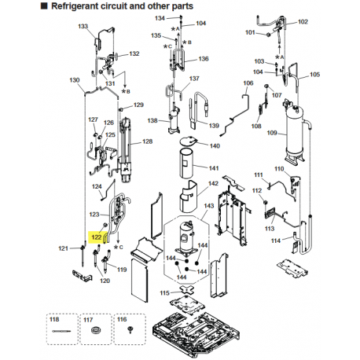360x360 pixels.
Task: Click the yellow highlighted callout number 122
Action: click(97, 236)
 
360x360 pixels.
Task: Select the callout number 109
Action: click(272, 133)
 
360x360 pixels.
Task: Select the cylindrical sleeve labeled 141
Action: click(187, 168)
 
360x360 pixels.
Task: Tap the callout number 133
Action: click(83, 27)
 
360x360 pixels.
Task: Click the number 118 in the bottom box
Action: click(54, 320)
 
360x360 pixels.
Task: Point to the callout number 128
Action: click(146, 142)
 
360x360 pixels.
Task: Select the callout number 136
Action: click(204, 59)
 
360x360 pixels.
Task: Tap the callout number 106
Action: click(248, 83)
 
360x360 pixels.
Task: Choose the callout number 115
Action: click(163, 293)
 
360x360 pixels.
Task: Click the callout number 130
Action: click(75, 81)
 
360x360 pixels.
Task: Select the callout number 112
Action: click(256, 190)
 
